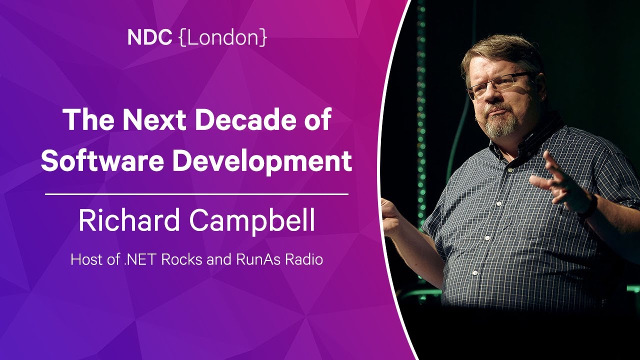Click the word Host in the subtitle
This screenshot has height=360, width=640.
click(x=82, y=260)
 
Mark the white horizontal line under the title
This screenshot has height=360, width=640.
click(x=196, y=193)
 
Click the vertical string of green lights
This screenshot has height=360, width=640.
click(x=421, y=125)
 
